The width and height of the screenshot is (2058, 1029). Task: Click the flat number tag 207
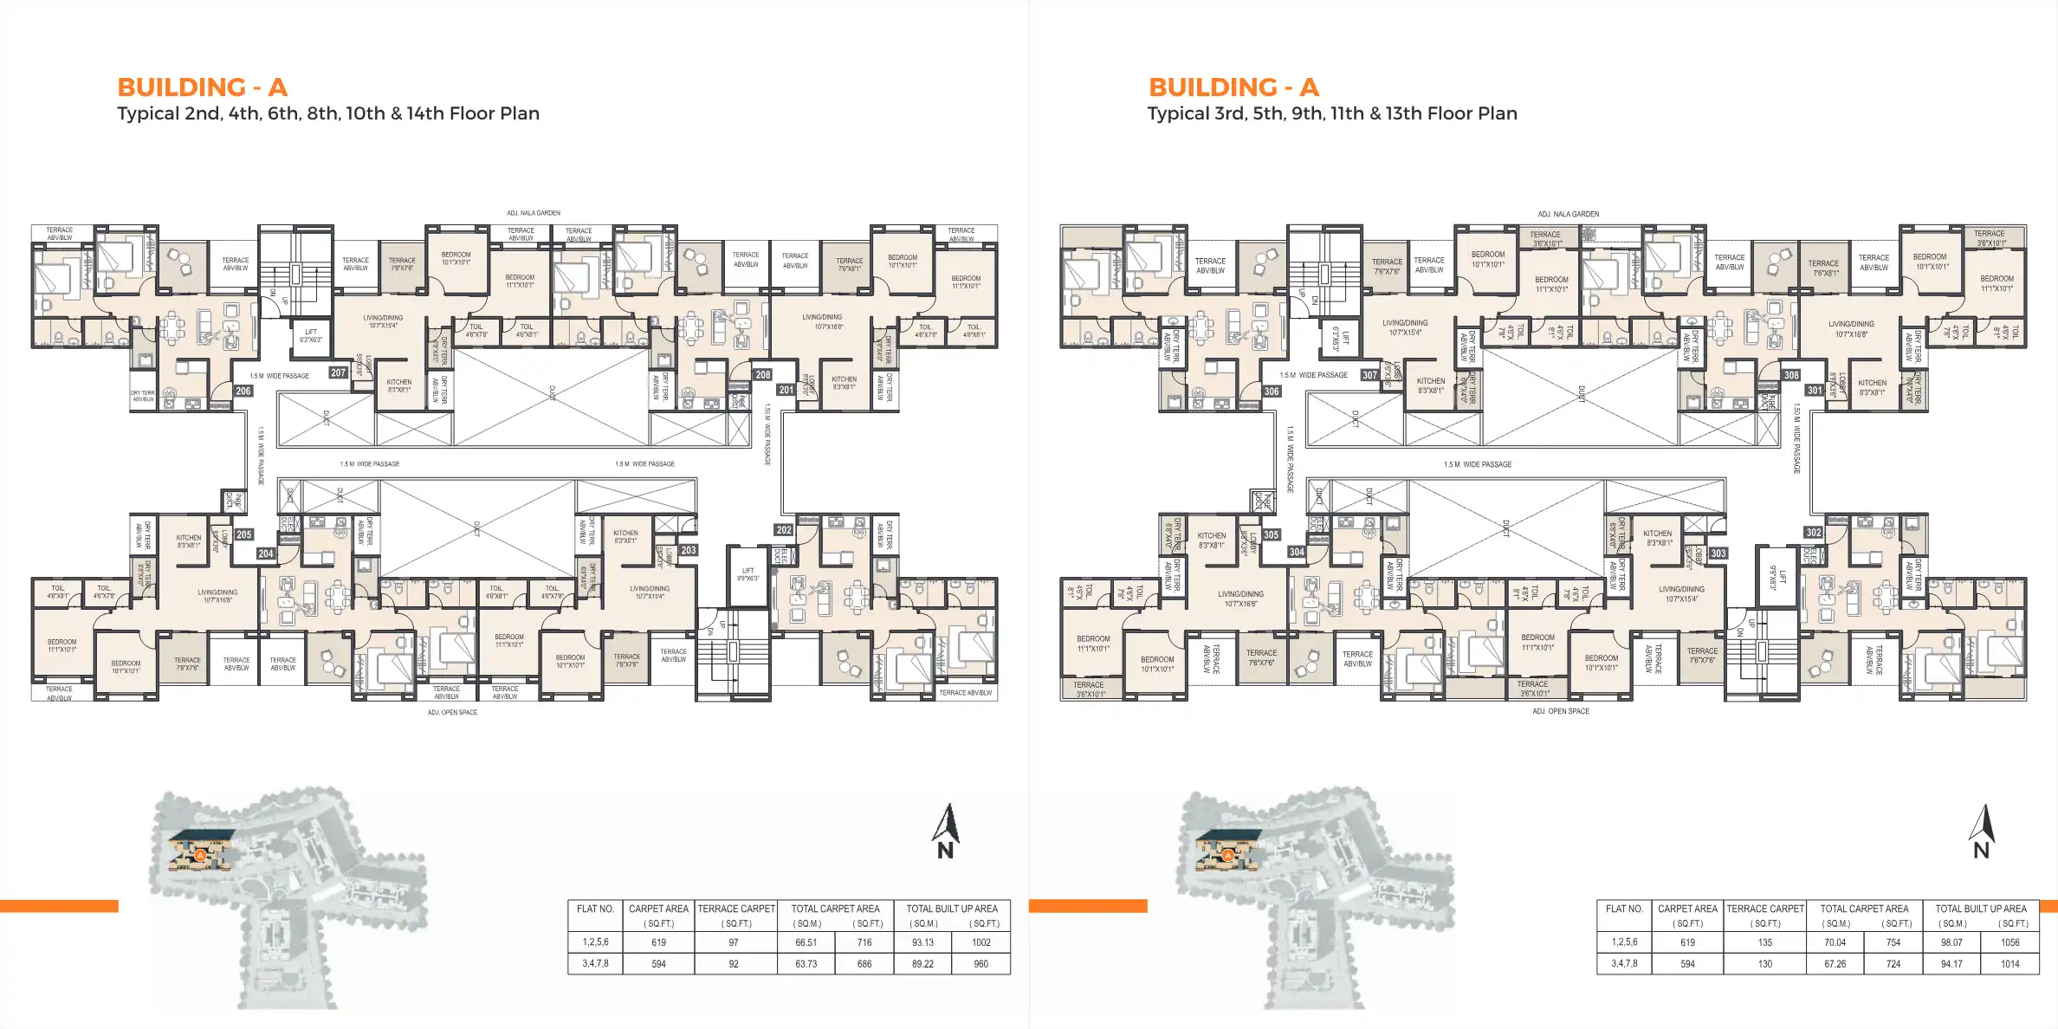[x=338, y=372]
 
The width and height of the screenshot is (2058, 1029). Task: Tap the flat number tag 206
[x=243, y=391]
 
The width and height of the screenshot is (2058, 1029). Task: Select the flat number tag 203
[x=689, y=550]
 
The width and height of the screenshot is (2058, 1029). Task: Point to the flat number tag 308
[x=1791, y=375]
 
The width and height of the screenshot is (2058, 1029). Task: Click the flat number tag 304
[x=1297, y=552]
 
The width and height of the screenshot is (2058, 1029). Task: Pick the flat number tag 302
[x=1813, y=532]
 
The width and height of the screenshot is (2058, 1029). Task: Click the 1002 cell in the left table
[x=980, y=942]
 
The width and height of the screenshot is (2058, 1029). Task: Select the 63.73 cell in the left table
[x=806, y=964]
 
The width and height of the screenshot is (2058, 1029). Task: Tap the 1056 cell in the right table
[x=2009, y=942]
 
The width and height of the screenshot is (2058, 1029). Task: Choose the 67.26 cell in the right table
[x=1835, y=964]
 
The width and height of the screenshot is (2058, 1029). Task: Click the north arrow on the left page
[x=946, y=831]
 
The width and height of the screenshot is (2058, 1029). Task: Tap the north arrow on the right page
[x=1982, y=831]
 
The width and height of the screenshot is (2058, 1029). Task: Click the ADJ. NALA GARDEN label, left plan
[x=534, y=213]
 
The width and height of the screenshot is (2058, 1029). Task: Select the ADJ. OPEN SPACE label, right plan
[x=1561, y=711]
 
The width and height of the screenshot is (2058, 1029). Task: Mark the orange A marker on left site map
[x=200, y=855]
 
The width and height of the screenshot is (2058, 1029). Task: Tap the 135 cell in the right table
[x=1765, y=942]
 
